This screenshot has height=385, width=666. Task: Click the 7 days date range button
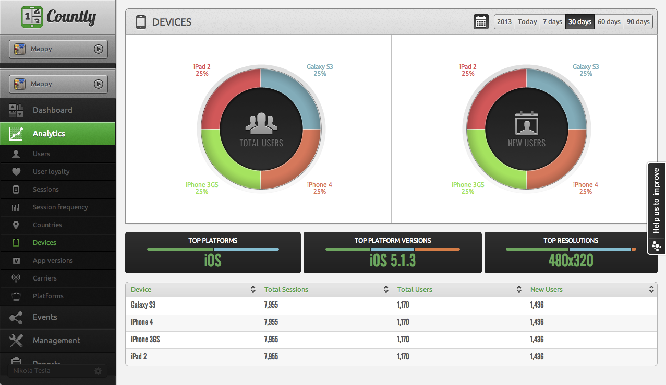(x=552, y=22)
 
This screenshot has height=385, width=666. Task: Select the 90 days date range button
(x=638, y=22)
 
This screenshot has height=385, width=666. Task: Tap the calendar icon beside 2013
(x=481, y=22)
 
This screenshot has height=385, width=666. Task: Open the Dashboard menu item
(x=52, y=110)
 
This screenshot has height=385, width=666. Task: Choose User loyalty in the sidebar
(x=51, y=172)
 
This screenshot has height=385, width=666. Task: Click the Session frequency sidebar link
(x=60, y=207)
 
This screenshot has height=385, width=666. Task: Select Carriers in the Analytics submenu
(x=45, y=278)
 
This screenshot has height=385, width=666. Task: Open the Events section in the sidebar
(x=45, y=317)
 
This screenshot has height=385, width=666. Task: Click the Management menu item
(x=56, y=341)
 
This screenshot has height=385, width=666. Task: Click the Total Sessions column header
(x=286, y=289)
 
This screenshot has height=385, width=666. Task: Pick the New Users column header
(x=547, y=289)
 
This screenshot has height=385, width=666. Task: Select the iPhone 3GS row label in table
(x=146, y=340)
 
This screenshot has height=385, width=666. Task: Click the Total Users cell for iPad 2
(x=403, y=357)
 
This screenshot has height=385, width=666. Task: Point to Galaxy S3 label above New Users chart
(x=586, y=67)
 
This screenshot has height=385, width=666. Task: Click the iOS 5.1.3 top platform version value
(x=393, y=260)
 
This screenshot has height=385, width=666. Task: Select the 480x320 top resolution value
(x=571, y=260)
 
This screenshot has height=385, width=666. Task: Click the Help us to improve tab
(x=656, y=201)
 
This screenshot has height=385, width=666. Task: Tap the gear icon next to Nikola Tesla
(x=98, y=371)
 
